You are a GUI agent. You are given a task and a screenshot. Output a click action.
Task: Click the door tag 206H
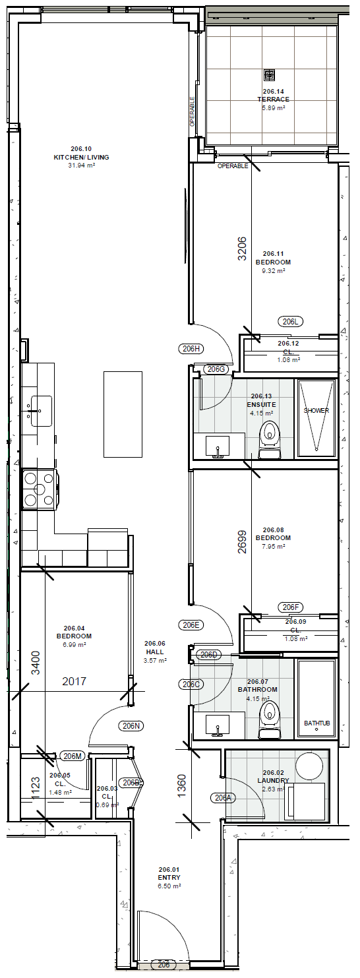click(x=191, y=348)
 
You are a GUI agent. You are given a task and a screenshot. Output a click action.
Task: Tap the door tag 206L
click(x=290, y=322)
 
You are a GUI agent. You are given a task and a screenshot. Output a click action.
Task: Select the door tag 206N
click(x=131, y=726)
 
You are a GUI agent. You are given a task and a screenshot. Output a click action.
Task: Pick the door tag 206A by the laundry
click(x=223, y=798)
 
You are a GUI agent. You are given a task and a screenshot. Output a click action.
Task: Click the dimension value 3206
click(x=242, y=249)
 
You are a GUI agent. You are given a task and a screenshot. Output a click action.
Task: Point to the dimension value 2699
click(x=242, y=542)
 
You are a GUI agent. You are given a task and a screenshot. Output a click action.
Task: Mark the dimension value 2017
click(x=75, y=681)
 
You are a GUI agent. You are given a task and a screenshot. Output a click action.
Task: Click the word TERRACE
click(x=273, y=99)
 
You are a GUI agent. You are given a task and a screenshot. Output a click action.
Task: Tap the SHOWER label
click(x=316, y=410)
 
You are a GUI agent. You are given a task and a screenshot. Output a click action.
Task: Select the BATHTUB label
click(x=316, y=723)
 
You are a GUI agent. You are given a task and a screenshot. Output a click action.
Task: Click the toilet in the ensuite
click(x=269, y=439)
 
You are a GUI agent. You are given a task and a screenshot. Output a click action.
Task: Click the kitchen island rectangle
click(x=123, y=414)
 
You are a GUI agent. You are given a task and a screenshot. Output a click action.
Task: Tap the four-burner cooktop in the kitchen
click(x=40, y=489)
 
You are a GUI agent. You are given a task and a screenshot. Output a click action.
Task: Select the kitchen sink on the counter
click(x=40, y=411)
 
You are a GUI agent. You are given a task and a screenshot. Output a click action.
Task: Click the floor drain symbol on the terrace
click(x=269, y=75)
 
